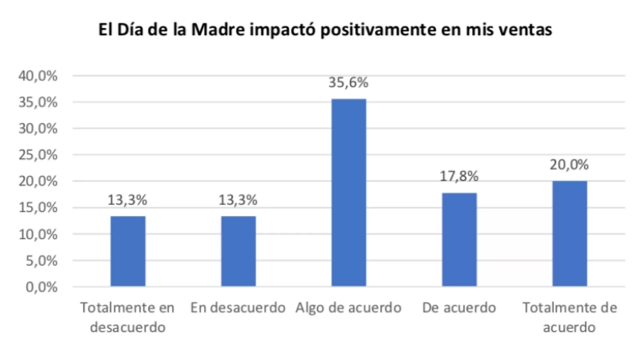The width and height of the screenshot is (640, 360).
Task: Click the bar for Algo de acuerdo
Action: point(348,192)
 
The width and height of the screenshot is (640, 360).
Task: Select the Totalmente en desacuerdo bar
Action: point(128,251)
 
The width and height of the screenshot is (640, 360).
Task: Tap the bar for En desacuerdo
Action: point(238,251)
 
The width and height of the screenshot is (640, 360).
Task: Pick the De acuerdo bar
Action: point(459,239)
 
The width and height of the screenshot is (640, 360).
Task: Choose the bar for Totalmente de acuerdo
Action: point(570,234)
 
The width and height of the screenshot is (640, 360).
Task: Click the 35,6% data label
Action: point(348,83)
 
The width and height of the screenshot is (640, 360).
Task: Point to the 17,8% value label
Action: point(459,176)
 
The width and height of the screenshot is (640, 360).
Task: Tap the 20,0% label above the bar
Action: point(570,164)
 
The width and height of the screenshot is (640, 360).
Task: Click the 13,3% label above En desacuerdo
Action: point(238,200)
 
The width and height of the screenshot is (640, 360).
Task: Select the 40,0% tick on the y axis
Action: point(38,76)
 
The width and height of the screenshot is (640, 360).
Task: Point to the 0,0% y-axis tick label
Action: point(42,287)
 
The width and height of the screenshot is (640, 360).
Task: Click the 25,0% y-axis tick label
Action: point(38,155)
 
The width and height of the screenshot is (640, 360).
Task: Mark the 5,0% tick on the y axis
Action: point(42,261)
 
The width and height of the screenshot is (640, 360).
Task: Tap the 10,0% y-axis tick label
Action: point(38,234)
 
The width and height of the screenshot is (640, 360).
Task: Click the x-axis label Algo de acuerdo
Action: point(348,308)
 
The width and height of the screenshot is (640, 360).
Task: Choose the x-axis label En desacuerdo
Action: point(238,308)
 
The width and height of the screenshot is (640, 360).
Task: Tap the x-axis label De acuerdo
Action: point(459,308)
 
